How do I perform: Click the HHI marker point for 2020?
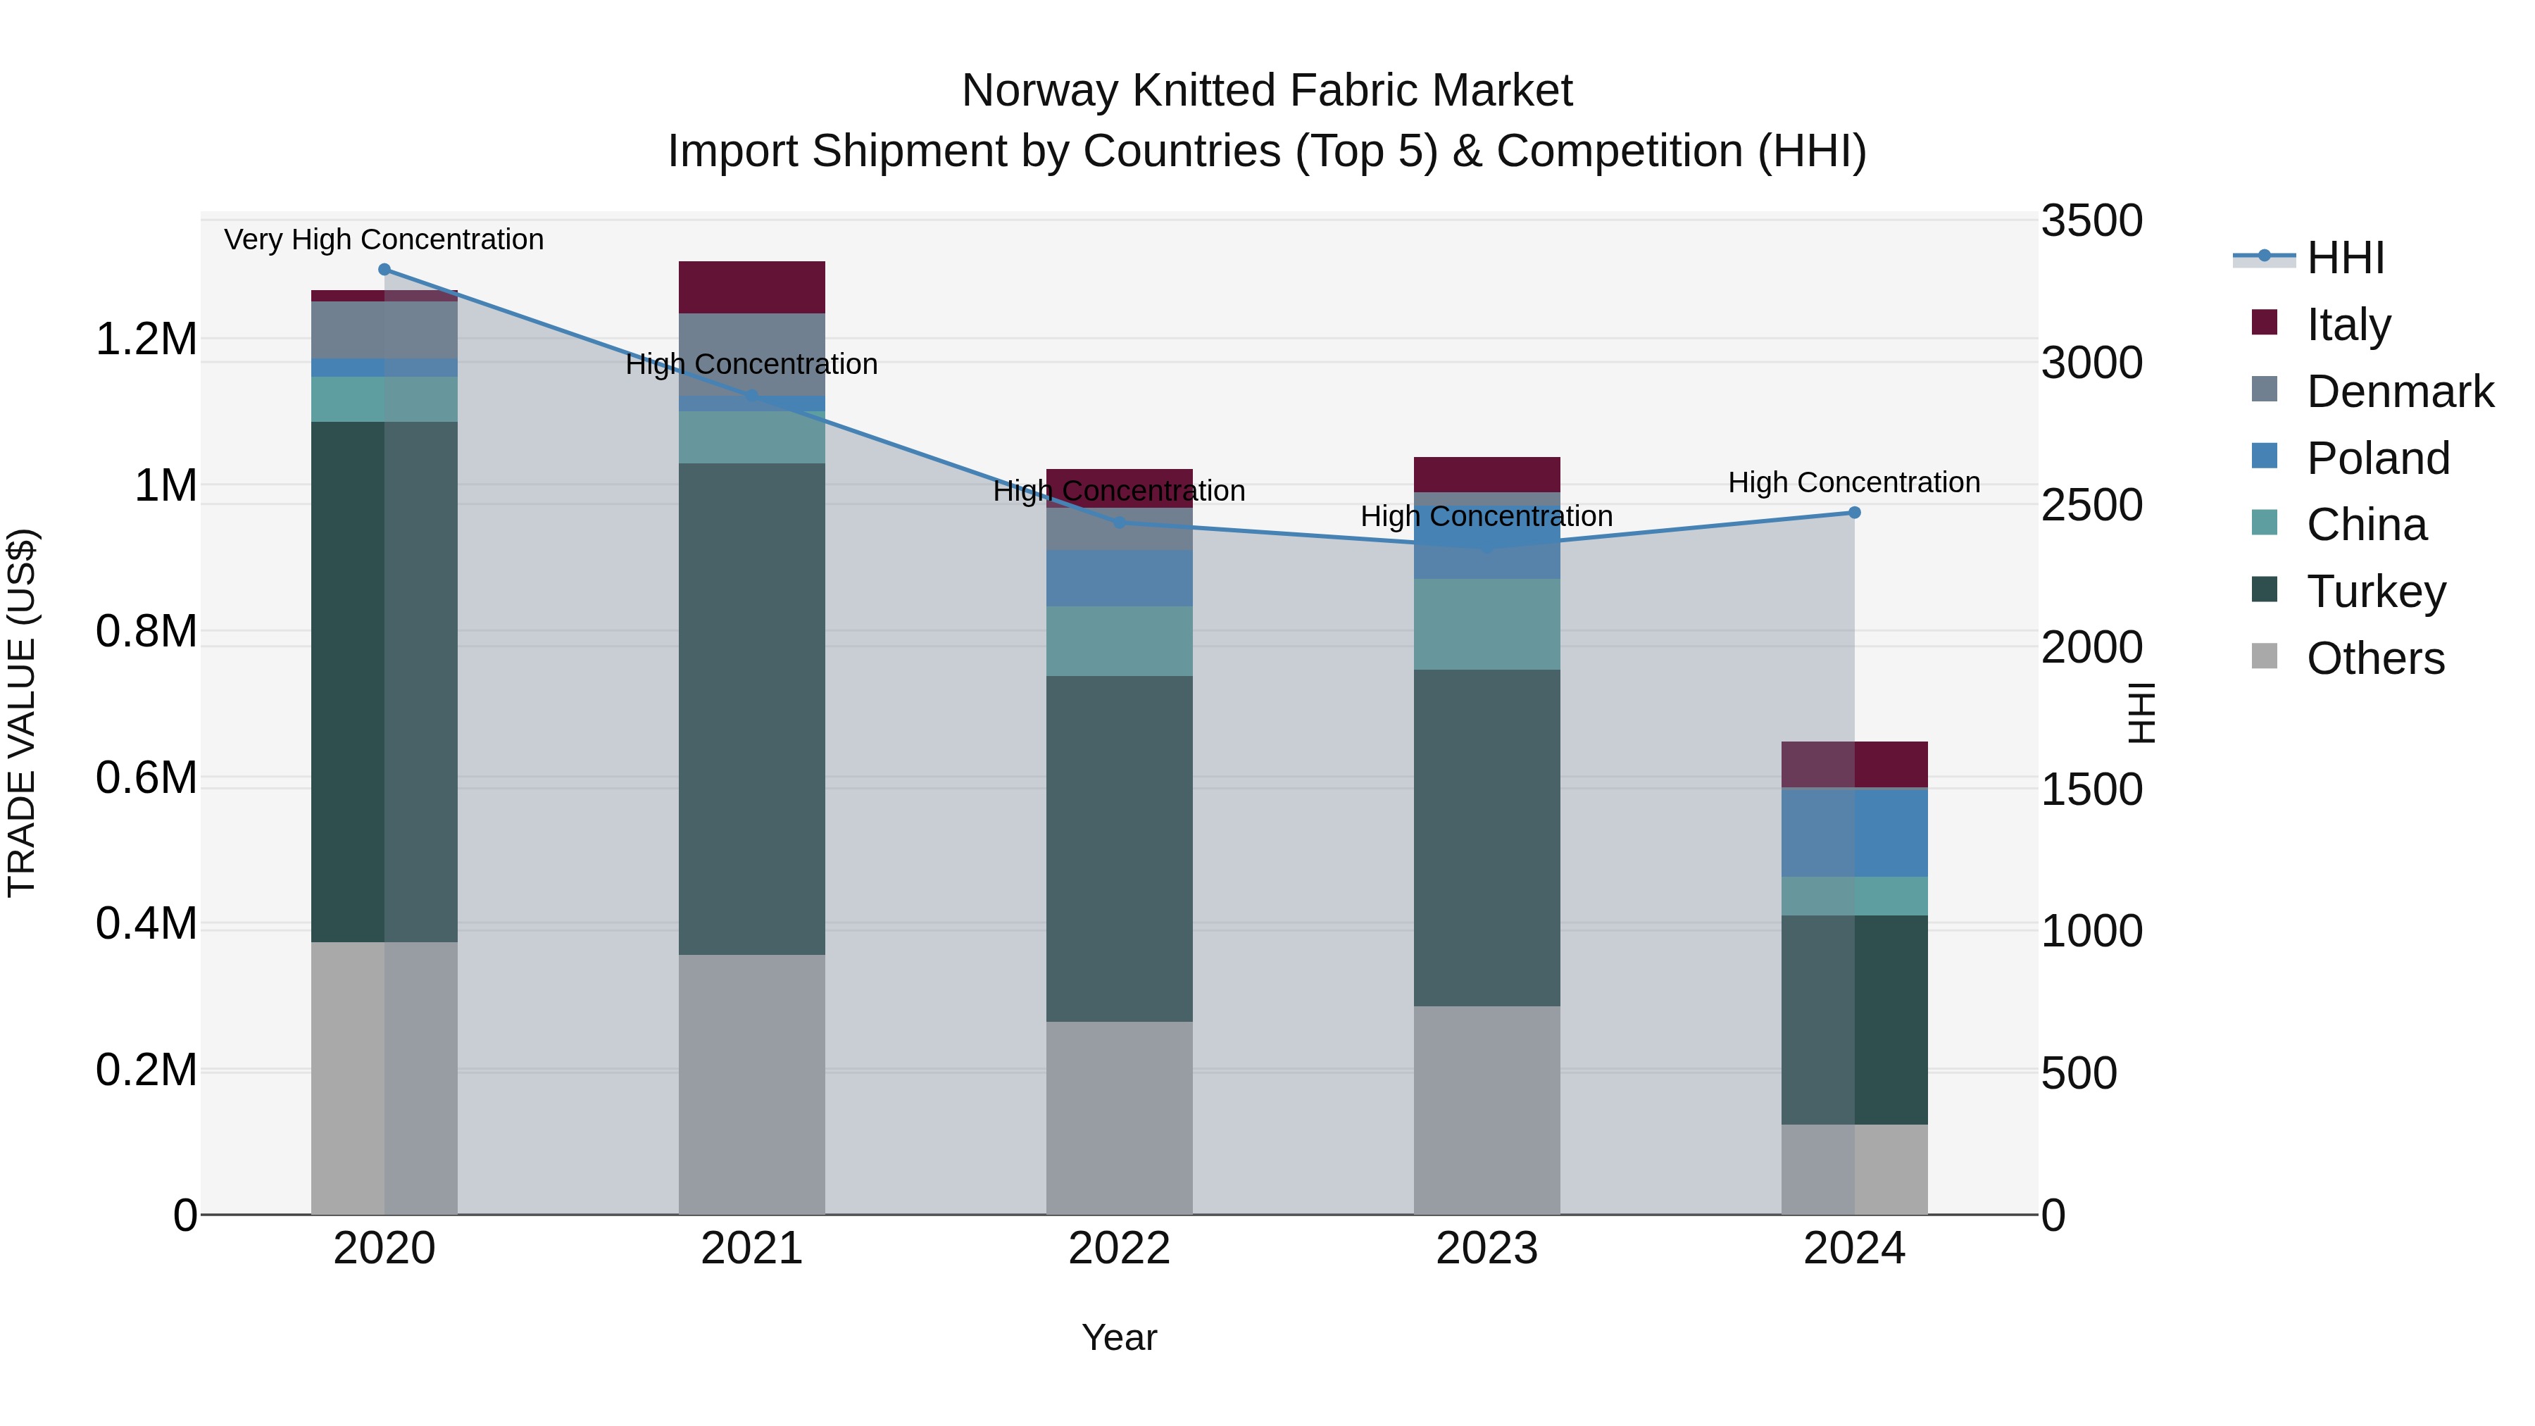pyautogui.click(x=384, y=270)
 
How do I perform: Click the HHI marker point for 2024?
pyautogui.click(x=1854, y=513)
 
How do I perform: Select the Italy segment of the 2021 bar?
pyautogui.click(x=752, y=287)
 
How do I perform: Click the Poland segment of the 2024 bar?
pyautogui.click(x=1854, y=832)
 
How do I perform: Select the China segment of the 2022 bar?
pyautogui.click(x=1119, y=641)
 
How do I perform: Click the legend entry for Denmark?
pyautogui.click(x=2399, y=392)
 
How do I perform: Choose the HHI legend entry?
pyautogui.click(x=2345, y=258)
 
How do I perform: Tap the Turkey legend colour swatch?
pyautogui.click(x=2265, y=591)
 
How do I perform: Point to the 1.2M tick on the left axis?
pyautogui.click(x=146, y=339)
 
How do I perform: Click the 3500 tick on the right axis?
pyautogui.click(x=2091, y=220)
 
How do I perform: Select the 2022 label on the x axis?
pyautogui.click(x=1119, y=1249)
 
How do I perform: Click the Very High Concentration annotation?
pyautogui.click(x=384, y=239)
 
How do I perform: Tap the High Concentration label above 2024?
pyautogui.click(x=1854, y=482)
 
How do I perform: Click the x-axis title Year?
pyautogui.click(x=1119, y=1337)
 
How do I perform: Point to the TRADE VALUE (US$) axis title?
pyautogui.click(x=22, y=713)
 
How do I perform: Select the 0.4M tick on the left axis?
pyautogui.click(x=146, y=924)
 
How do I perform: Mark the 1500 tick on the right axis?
pyautogui.click(x=2091, y=789)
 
